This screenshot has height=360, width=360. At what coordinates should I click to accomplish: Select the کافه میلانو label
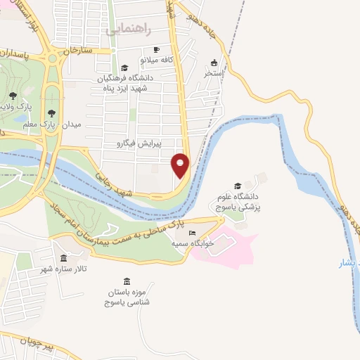(156, 60)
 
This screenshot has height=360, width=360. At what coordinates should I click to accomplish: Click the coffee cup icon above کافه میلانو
(156, 50)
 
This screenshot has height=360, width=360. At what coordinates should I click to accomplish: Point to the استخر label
(213, 72)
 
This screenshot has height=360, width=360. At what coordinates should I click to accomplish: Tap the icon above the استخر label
(214, 62)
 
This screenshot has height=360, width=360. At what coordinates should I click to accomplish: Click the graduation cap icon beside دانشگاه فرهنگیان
(124, 68)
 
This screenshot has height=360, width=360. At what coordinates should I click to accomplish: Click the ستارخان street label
(78, 51)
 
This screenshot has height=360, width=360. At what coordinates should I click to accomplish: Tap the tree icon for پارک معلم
(51, 112)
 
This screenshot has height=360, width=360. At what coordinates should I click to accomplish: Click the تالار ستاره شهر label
(65, 269)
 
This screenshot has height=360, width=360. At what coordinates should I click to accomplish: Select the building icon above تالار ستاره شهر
(64, 258)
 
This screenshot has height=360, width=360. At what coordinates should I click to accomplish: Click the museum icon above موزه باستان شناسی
(127, 281)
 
